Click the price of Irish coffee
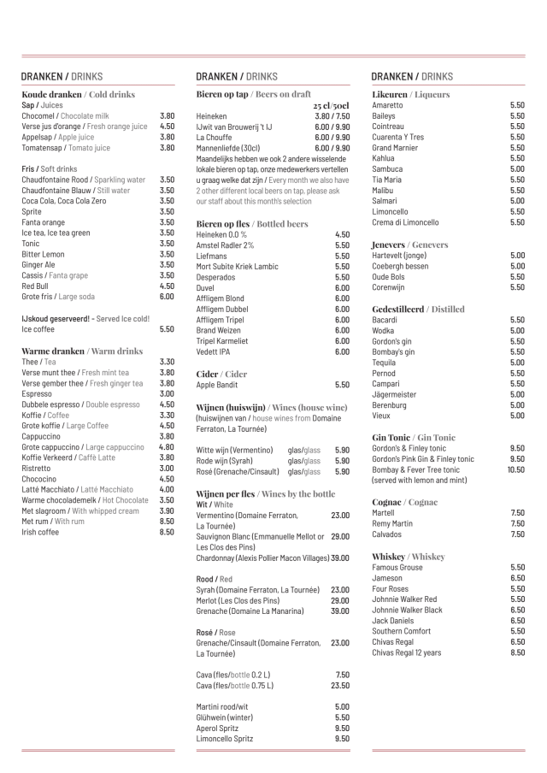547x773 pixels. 167,532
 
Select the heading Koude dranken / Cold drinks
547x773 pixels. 78,94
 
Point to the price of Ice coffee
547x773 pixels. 167,328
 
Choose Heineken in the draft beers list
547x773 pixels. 211,115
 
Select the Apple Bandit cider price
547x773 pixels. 342,385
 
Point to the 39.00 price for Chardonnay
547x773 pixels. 339,558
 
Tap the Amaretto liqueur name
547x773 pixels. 387,104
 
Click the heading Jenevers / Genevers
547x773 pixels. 409,245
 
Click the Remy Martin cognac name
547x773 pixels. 392,523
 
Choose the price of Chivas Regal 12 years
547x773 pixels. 517,652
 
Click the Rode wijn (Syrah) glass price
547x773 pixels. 342,460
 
